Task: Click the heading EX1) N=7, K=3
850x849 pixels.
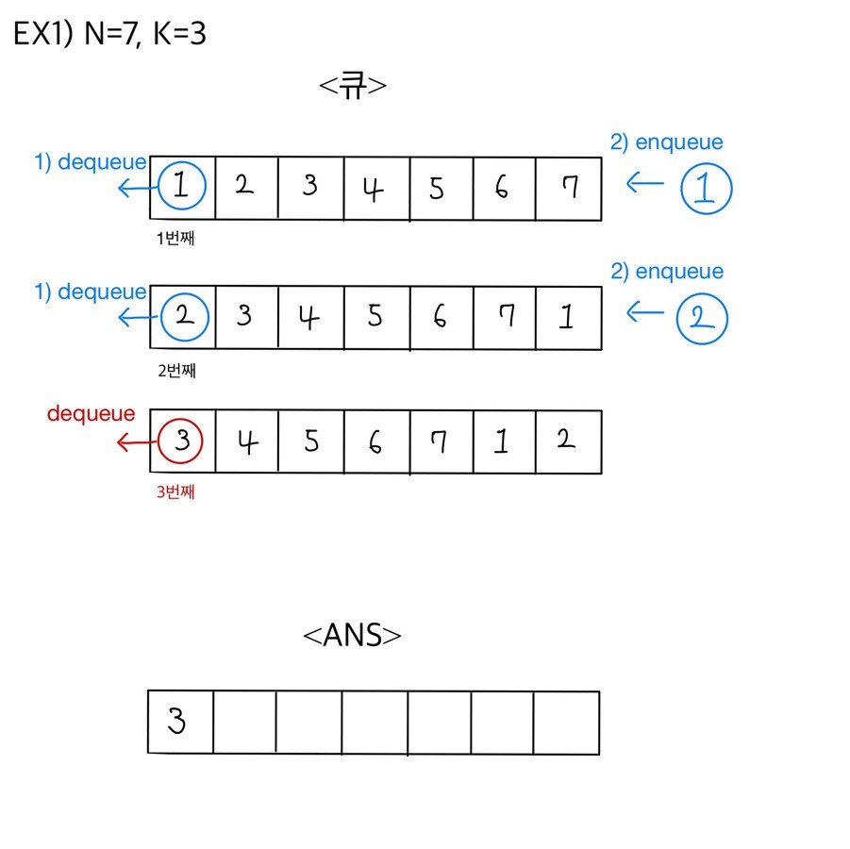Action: click(109, 35)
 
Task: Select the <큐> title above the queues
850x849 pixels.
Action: click(353, 86)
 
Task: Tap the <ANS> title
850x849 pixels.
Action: click(352, 636)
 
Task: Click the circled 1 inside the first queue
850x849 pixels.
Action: click(182, 187)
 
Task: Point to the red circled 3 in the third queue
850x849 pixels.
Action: click(181, 441)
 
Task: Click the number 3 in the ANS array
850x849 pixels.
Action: click(176, 723)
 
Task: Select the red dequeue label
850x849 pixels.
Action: click(91, 414)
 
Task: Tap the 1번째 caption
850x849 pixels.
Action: click(176, 239)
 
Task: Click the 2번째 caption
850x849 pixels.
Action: click(176, 370)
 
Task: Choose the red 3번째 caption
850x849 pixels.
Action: click(176, 491)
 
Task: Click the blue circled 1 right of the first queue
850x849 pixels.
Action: click(706, 187)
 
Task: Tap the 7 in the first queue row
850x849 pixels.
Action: click(568, 188)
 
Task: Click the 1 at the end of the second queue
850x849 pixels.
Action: click(566, 316)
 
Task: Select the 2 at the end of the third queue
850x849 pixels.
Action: click(566, 441)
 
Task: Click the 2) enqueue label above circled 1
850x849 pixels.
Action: click(666, 142)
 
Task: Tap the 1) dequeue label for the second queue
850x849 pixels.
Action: click(91, 292)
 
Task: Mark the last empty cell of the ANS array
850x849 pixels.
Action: click(566, 723)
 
